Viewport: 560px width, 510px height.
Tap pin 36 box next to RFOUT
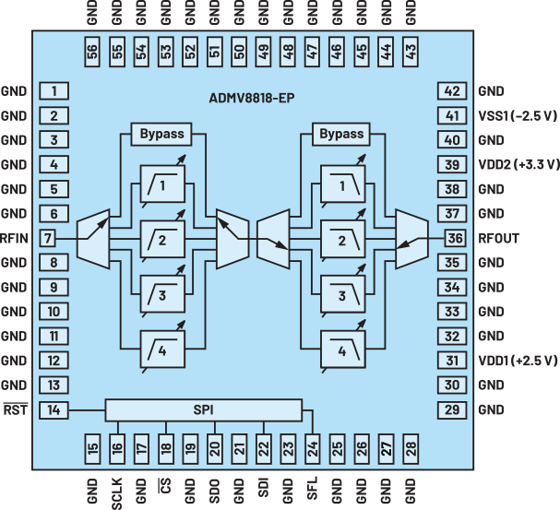[x=453, y=238]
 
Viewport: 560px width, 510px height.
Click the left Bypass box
[x=161, y=134]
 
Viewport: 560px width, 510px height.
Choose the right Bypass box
[x=341, y=134]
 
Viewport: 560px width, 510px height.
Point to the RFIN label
[x=15, y=238]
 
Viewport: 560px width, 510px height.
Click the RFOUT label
[x=498, y=238]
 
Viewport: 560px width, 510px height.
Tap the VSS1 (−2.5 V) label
[x=518, y=116]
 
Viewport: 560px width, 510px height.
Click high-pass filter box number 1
[x=161, y=187]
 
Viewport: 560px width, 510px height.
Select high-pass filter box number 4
[x=161, y=351]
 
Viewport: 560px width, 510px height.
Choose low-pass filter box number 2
[x=341, y=242]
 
